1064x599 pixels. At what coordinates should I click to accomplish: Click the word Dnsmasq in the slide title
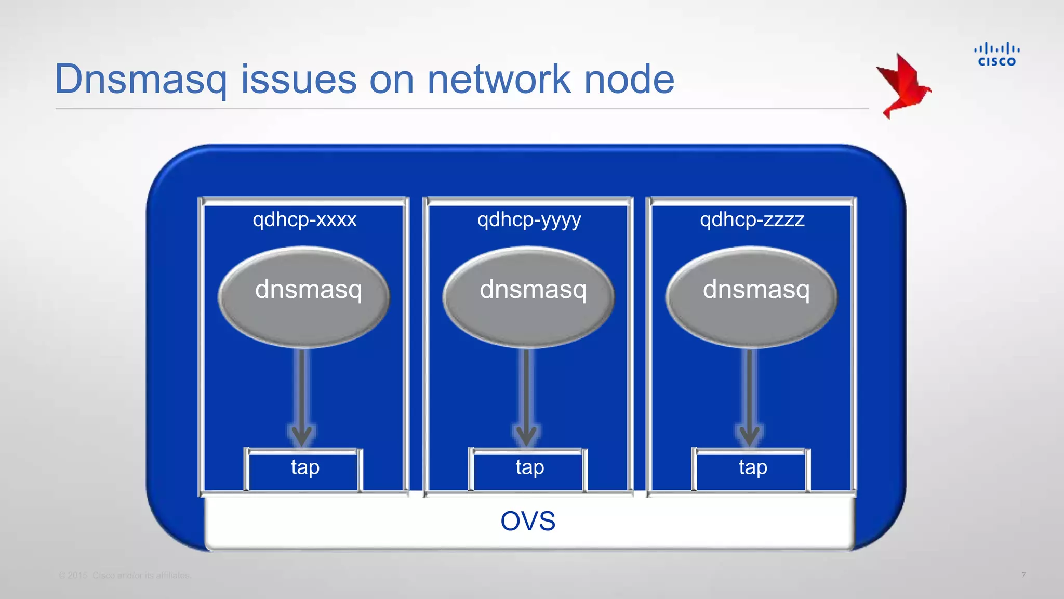pyautogui.click(x=141, y=80)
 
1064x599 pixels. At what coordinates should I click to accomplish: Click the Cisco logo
pyautogui.click(x=996, y=55)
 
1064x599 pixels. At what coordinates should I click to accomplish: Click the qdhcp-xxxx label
pyautogui.click(x=304, y=220)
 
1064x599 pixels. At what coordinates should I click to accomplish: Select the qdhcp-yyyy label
pyautogui.click(x=529, y=220)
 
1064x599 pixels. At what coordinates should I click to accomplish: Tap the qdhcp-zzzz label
pyautogui.click(x=752, y=220)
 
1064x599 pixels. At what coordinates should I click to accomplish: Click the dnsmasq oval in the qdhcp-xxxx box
pyautogui.click(x=304, y=297)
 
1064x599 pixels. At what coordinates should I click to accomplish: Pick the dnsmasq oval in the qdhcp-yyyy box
pyautogui.click(x=528, y=297)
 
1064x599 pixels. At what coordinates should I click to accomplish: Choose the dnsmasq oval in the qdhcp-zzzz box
pyautogui.click(x=752, y=297)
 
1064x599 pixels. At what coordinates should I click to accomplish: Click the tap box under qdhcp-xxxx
pyautogui.click(x=304, y=470)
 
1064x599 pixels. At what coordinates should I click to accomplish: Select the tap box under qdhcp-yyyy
pyautogui.click(x=529, y=470)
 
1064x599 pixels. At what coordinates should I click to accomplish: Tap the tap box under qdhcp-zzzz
pyautogui.click(x=752, y=470)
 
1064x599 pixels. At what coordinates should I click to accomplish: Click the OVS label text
pyautogui.click(x=528, y=521)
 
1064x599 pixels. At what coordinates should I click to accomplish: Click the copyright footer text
pyautogui.click(x=125, y=576)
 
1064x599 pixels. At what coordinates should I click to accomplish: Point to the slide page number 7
pyautogui.click(x=1023, y=576)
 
